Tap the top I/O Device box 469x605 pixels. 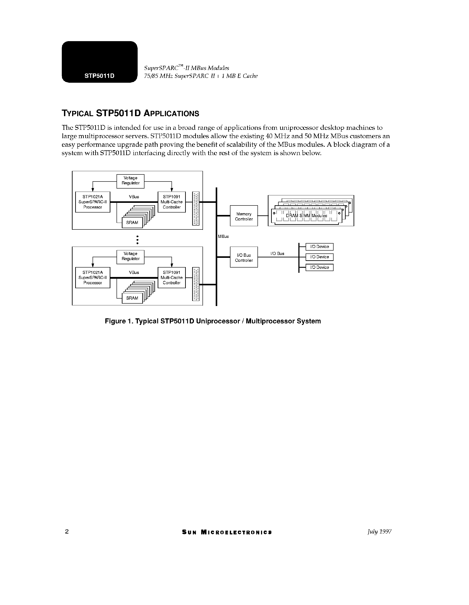click(x=319, y=247)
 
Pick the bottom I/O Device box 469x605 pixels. click(x=319, y=267)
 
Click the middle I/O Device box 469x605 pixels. click(x=319, y=257)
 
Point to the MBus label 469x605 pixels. click(x=223, y=236)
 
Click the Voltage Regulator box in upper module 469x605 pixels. click(x=130, y=181)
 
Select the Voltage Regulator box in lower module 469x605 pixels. click(x=130, y=257)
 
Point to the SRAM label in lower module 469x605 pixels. click(x=132, y=298)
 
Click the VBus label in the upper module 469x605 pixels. click(x=134, y=197)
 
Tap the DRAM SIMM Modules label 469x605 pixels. click(x=306, y=216)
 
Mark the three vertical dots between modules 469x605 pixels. click(x=137, y=240)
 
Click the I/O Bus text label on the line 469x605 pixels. click(x=277, y=253)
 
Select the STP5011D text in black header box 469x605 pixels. click(x=99, y=76)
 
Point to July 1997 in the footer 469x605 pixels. click(x=379, y=532)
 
